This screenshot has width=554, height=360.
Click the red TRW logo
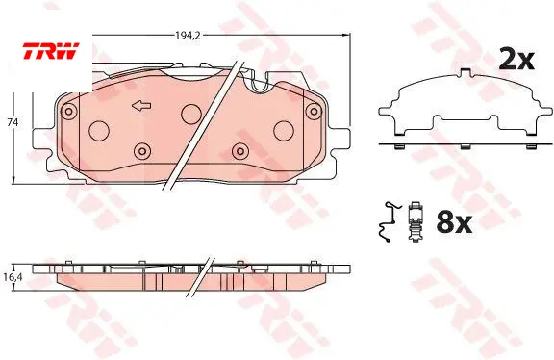pyautogui.click(x=51, y=51)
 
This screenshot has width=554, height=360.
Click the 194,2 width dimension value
pyautogui.click(x=188, y=35)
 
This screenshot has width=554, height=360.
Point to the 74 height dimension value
pyautogui.click(x=13, y=122)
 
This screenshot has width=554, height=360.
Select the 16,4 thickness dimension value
pyautogui.click(x=13, y=277)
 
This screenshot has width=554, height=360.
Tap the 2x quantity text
pyautogui.click(x=516, y=60)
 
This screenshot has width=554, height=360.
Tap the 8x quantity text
pyautogui.click(x=454, y=222)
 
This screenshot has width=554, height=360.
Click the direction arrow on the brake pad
pyautogui.click(x=141, y=105)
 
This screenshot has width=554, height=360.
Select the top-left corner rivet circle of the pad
pyautogui.click(x=69, y=112)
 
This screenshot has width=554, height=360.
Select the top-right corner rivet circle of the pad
pyautogui.click(x=314, y=112)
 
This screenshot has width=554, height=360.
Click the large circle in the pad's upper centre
pyautogui.click(x=191, y=114)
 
